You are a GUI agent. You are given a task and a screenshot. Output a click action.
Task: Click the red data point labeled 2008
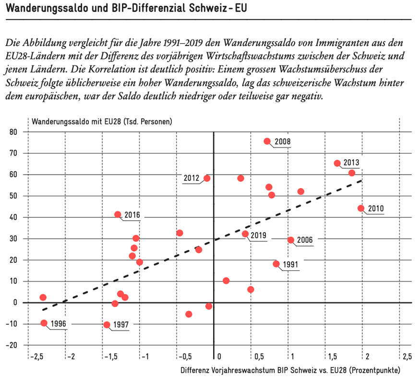267,141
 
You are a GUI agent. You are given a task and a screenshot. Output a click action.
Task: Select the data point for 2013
337,163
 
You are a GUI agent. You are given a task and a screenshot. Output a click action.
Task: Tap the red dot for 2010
361,208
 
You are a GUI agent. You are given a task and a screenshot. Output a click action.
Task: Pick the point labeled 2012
207,178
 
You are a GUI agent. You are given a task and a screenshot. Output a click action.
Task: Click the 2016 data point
118,214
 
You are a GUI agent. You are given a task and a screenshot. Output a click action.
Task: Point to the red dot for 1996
44,323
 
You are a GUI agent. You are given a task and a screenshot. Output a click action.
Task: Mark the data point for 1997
107,325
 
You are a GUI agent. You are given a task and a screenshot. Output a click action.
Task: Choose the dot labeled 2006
290,240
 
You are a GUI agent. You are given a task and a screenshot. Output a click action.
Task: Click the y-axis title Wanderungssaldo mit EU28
101,121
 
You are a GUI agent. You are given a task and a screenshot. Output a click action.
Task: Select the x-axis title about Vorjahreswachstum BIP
290,370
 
